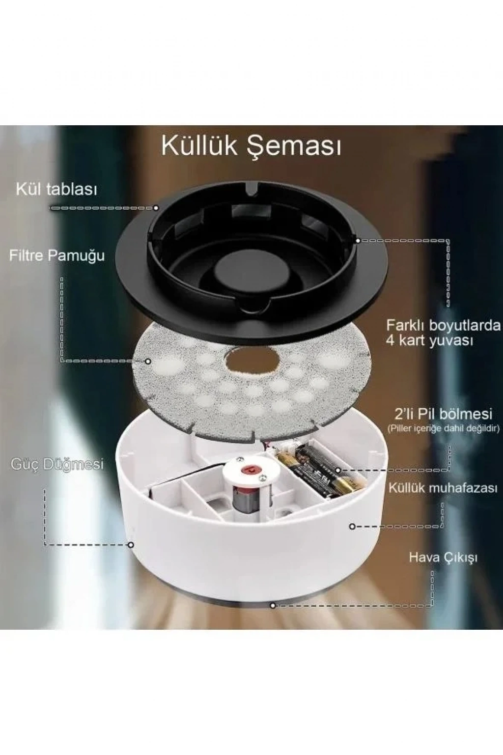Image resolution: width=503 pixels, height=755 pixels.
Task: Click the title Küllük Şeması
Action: pyautogui.click(x=251, y=146)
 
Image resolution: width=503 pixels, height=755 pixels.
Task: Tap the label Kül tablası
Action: pyautogui.click(x=56, y=190)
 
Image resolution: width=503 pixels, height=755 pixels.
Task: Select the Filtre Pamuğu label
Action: pyautogui.click(x=56, y=255)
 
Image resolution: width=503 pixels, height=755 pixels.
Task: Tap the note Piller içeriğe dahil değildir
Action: pyautogui.click(x=444, y=429)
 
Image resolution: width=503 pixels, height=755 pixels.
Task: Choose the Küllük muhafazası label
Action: pyautogui.click(x=444, y=488)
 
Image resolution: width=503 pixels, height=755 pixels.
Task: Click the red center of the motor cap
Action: pyautogui.click(x=250, y=469)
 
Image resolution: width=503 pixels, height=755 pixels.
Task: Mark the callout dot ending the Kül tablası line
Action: pyautogui.click(x=156, y=208)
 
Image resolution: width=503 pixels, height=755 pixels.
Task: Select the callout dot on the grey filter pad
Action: pyautogui.click(x=148, y=361)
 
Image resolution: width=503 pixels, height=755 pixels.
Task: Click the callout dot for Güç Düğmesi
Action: pyautogui.click(x=131, y=545)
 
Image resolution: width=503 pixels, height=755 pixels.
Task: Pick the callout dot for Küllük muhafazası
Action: pyautogui.click(x=352, y=526)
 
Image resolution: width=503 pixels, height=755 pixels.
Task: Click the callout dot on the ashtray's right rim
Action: pyautogui.click(x=358, y=241)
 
